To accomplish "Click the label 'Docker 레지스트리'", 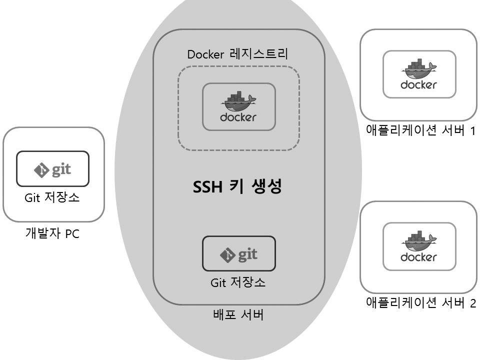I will (237, 54).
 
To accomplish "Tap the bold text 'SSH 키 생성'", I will (238, 187).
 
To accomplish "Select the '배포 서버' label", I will (238, 315).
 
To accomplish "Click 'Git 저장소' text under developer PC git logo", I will (52, 198).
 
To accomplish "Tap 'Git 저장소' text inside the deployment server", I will (238, 282).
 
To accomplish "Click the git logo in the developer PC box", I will (52, 169).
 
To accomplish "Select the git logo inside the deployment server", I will (238, 254).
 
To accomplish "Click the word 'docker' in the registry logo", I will (238, 117).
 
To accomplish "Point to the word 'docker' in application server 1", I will (419, 84).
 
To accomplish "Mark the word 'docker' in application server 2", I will (419, 257).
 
